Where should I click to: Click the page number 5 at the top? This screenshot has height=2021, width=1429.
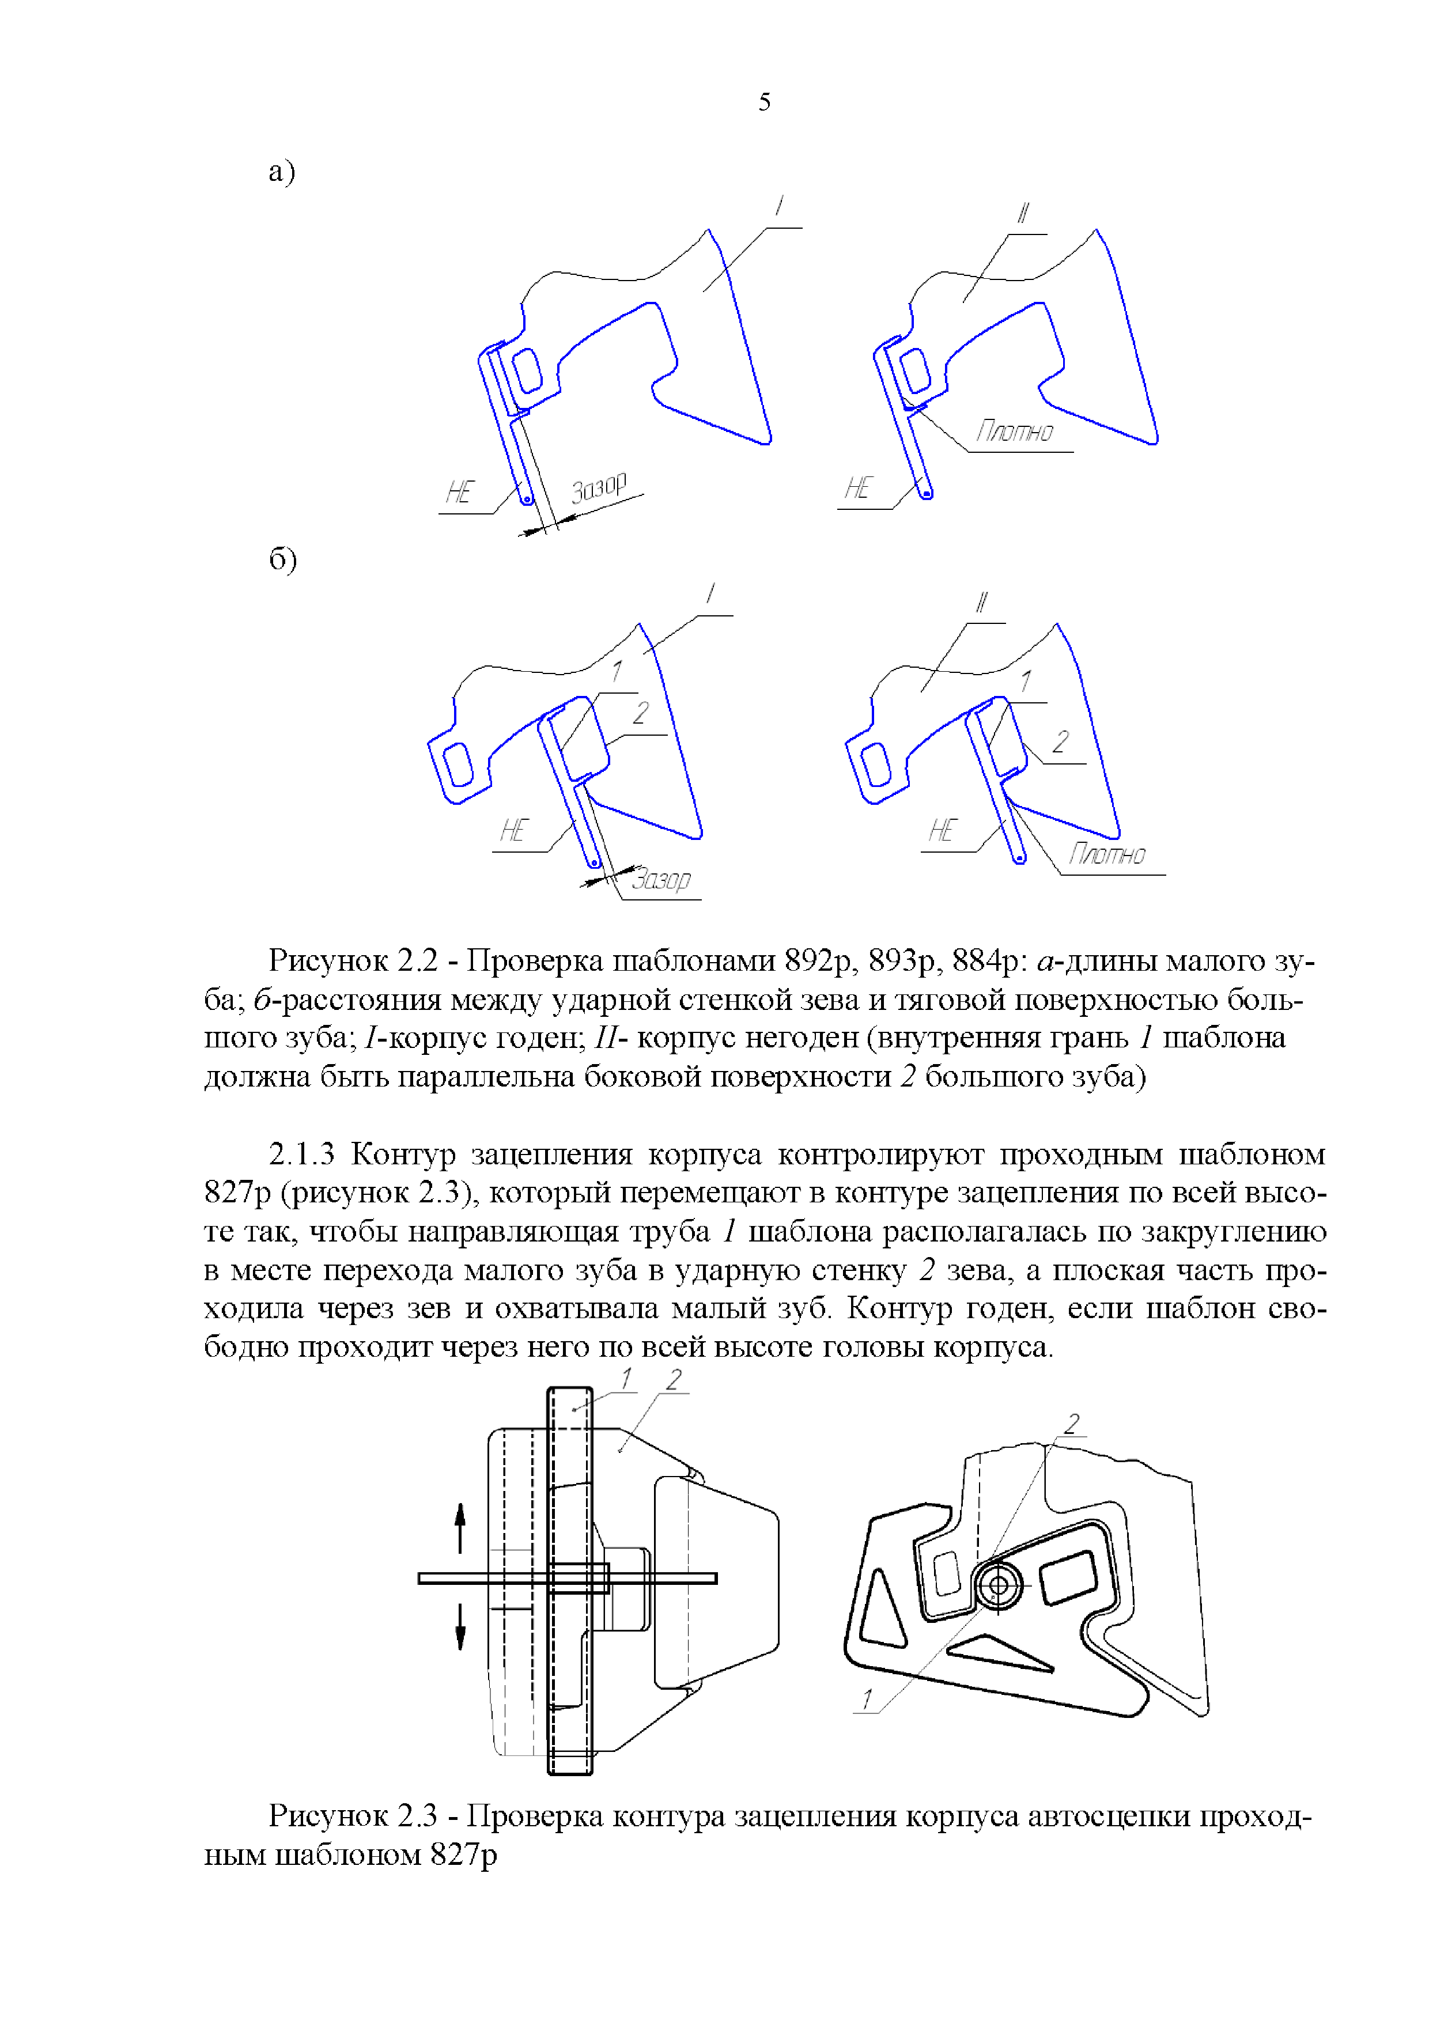tap(764, 102)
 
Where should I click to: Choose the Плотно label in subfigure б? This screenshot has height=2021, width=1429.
tap(1107, 854)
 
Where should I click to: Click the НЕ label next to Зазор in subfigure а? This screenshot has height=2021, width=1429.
tap(460, 492)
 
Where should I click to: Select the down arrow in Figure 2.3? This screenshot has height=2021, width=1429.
tap(460, 1627)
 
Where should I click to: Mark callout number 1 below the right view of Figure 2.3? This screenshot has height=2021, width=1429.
tap(867, 1698)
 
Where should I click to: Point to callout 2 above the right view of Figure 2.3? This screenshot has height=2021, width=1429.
tap(1072, 1424)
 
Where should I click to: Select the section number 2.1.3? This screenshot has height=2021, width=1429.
tap(302, 1154)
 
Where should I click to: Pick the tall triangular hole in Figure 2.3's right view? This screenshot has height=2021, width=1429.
tap(882, 1607)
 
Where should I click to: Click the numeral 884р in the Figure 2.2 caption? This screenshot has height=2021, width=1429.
tap(987, 960)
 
